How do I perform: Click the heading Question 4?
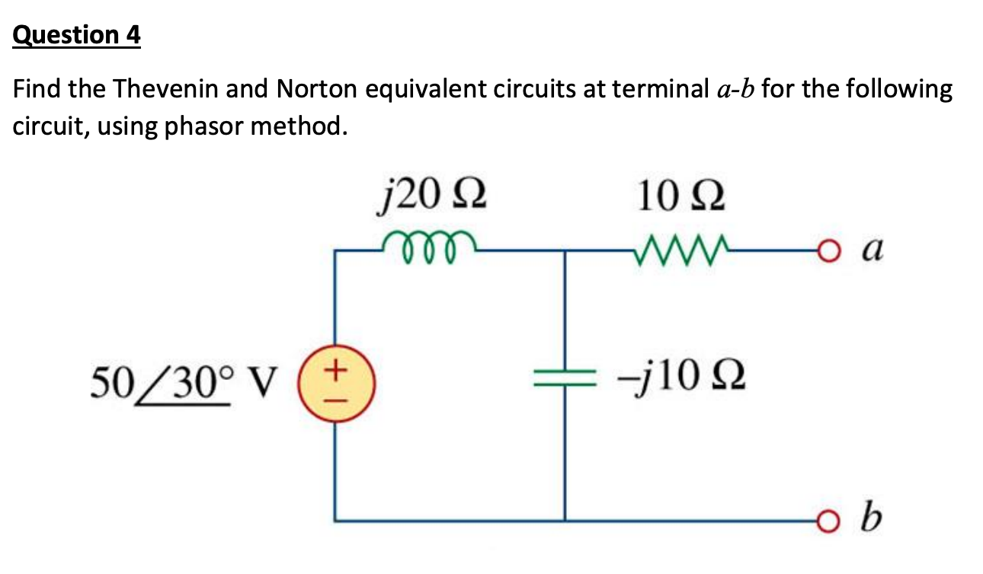77,35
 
